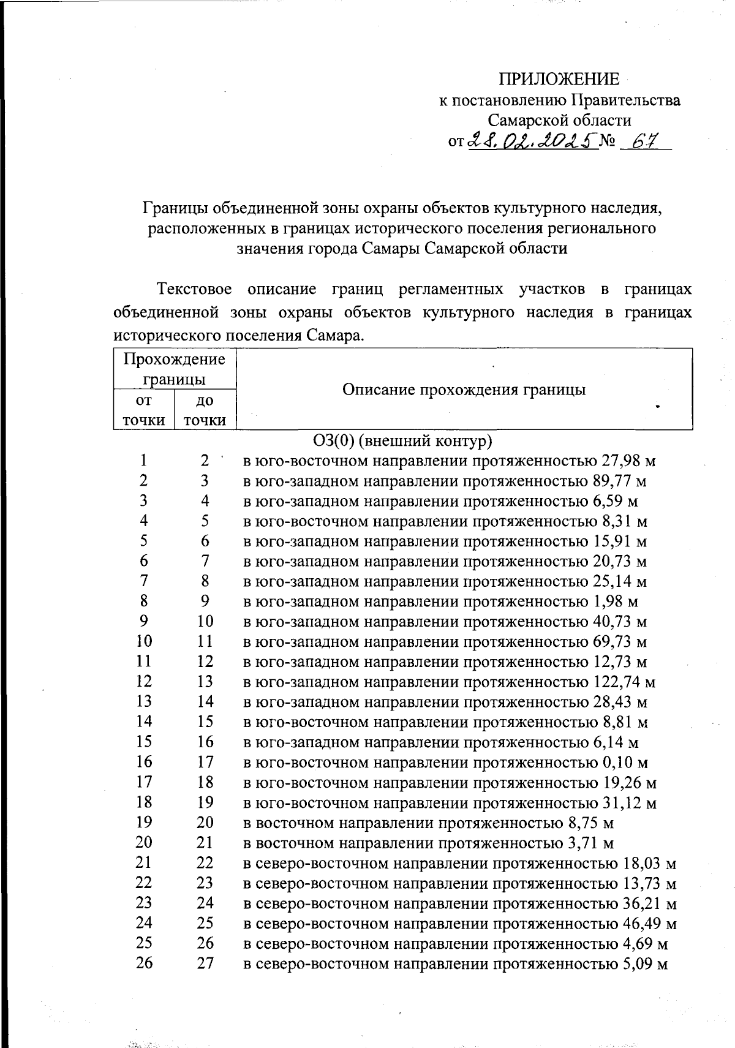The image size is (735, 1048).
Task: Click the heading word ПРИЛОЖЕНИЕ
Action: [x=558, y=79]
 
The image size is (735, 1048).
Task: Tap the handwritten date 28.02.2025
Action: [x=532, y=142]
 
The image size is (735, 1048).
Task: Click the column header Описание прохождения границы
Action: [x=464, y=390]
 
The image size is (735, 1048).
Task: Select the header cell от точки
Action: [x=143, y=410]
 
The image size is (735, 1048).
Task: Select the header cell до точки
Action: [x=205, y=410]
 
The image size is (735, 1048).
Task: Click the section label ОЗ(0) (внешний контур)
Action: [x=402, y=440]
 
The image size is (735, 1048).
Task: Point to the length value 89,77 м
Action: [x=620, y=481]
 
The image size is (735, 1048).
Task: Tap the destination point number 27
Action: [x=205, y=963]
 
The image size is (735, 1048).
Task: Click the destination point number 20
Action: [x=205, y=823]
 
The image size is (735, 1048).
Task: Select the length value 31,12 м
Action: [x=625, y=803]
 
